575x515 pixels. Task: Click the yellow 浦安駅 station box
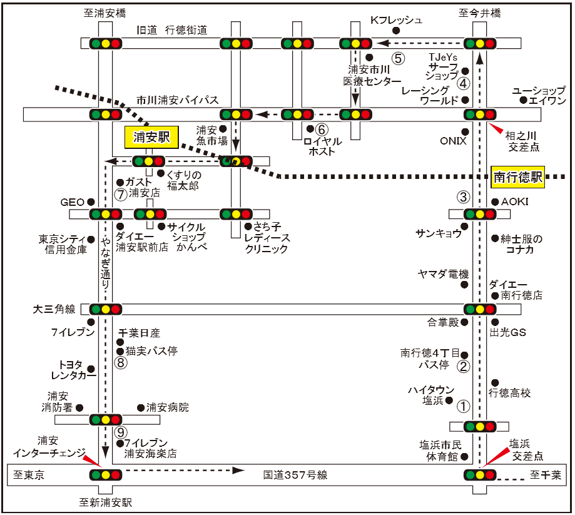coord(151,137)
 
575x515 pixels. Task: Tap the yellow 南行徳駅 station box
coord(517,177)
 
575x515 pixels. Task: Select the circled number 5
coord(398,58)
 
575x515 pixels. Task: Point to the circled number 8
coord(121,363)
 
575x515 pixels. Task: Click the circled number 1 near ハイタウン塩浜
coord(463,406)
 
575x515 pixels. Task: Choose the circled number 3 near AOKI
coord(463,197)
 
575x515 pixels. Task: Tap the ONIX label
coord(453,141)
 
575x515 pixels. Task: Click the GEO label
coord(72,202)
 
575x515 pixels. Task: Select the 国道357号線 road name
coord(295,475)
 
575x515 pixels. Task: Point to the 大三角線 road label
coord(54,309)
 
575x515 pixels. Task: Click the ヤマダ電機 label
coord(444,273)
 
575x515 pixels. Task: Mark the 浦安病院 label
coord(168,407)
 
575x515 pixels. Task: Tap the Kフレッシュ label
coord(397,20)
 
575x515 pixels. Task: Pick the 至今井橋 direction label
coord(480,13)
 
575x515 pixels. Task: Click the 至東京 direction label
coord(29,475)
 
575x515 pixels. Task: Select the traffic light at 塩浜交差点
coord(480,475)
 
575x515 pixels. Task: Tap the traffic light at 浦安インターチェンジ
coord(106,475)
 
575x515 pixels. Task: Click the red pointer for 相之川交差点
coord(496,128)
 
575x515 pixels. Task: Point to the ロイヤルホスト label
coord(322,146)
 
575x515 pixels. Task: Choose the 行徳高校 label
coord(509,393)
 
